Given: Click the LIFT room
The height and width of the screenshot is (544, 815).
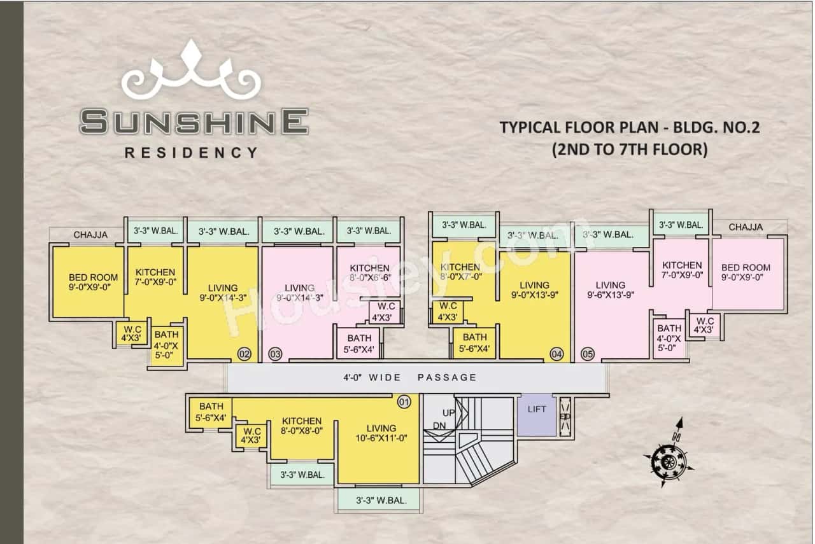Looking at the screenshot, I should pyautogui.click(x=537, y=414).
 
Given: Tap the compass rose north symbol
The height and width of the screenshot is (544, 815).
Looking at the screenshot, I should pyautogui.click(x=668, y=459).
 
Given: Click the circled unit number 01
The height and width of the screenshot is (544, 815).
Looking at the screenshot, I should pyautogui.click(x=404, y=402).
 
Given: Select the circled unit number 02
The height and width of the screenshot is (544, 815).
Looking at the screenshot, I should pyautogui.click(x=244, y=354).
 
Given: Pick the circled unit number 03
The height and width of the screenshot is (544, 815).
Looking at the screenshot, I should pyautogui.click(x=275, y=354).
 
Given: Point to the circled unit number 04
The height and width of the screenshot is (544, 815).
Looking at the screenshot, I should pyautogui.click(x=557, y=354).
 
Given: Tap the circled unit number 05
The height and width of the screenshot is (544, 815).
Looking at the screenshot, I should pyautogui.click(x=587, y=354).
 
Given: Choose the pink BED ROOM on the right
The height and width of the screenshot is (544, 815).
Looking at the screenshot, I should pyautogui.click(x=746, y=272).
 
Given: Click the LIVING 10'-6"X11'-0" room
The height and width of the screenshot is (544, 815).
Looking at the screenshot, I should pyautogui.click(x=381, y=433).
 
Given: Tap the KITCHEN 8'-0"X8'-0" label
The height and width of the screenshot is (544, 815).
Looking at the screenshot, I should pyautogui.click(x=302, y=426).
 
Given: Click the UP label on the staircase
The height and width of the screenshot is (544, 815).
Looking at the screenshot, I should pyautogui.click(x=449, y=413).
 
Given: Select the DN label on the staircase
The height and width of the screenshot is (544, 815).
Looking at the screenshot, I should pyautogui.click(x=439, y=425).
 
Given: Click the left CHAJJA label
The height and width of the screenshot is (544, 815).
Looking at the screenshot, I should pyautogui.click(x=90, y=235).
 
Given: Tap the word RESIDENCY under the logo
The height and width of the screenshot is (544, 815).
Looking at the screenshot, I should pyautogui.click(x=191, y=153).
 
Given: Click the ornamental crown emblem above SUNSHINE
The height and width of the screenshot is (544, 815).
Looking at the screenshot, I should pyautogui.click(x=191, y=70).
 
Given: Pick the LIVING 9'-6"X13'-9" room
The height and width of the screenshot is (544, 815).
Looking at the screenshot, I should pyautogui.click(x=610, y=289).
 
